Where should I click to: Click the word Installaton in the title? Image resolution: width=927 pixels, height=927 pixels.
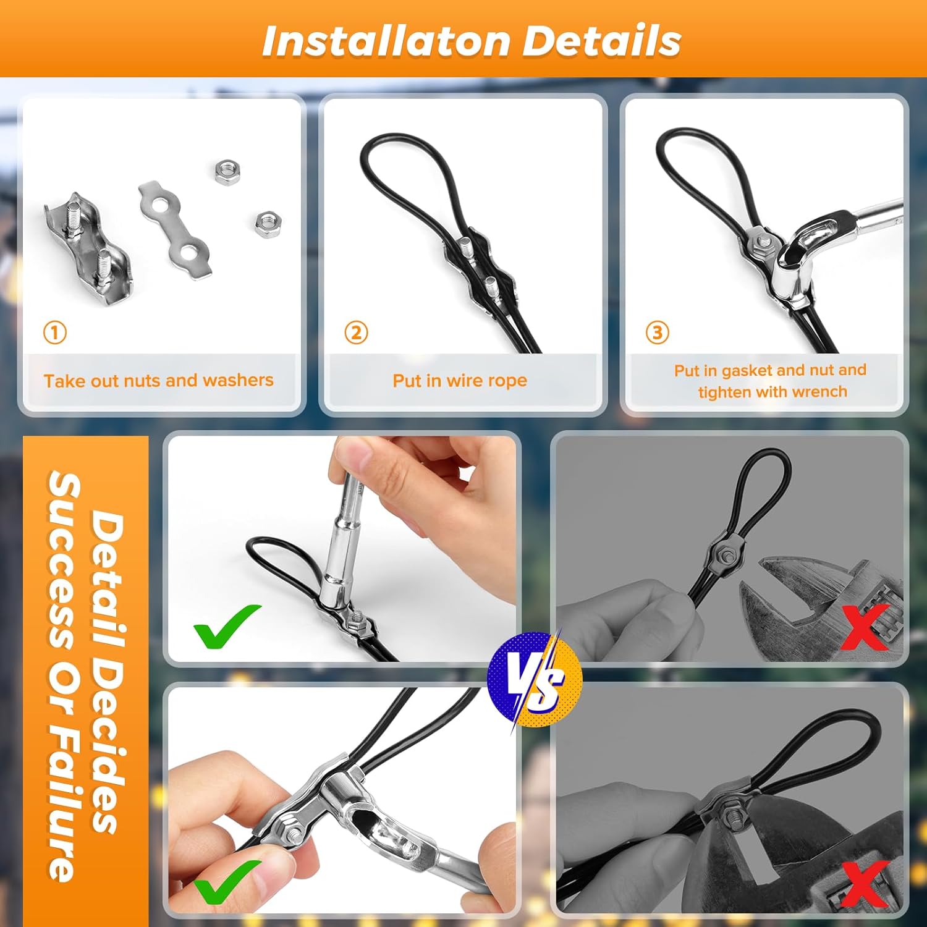pyautogui.click(x=386, y=41)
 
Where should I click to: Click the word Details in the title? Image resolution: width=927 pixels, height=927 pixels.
pyautogui.click(x=602, y=41)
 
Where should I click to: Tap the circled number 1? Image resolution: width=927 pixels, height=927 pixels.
pyautogui.click(x=54, y=332)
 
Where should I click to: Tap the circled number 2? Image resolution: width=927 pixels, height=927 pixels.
pyautogui.click(x=356, y=332)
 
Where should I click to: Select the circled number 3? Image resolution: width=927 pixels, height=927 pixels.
pyautogui.click(x=657, y=332)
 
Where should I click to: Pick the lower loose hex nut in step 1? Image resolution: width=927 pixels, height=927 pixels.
pyautogui.click(x=268, y=222)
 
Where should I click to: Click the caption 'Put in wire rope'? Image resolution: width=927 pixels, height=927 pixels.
pyautogui.click(x=460, y=381)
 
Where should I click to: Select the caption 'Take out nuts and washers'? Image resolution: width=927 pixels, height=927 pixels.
pyautogui.click(x=158, y=380)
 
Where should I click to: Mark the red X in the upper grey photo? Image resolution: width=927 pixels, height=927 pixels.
pyautogui.click(x=865, y=627)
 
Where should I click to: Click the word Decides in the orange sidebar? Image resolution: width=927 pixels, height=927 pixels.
pyautogui.click(x=107, y=729)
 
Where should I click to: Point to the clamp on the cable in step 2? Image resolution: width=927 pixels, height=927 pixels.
pyautogui.click(x=480, y=272)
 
